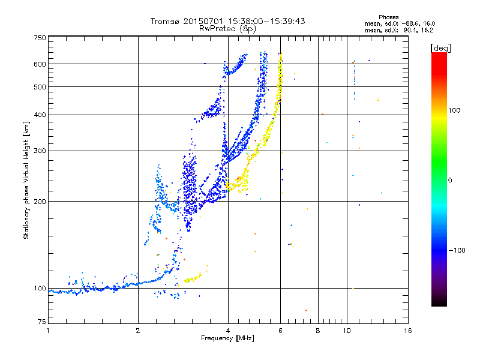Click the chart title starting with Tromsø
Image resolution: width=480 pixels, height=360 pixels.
tap(228, 21)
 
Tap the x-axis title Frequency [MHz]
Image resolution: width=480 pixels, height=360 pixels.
tap(227, 339)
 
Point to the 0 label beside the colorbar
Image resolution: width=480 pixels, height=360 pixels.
tap(451, 180)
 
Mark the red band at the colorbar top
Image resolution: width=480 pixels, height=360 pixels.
tap(439, 56)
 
